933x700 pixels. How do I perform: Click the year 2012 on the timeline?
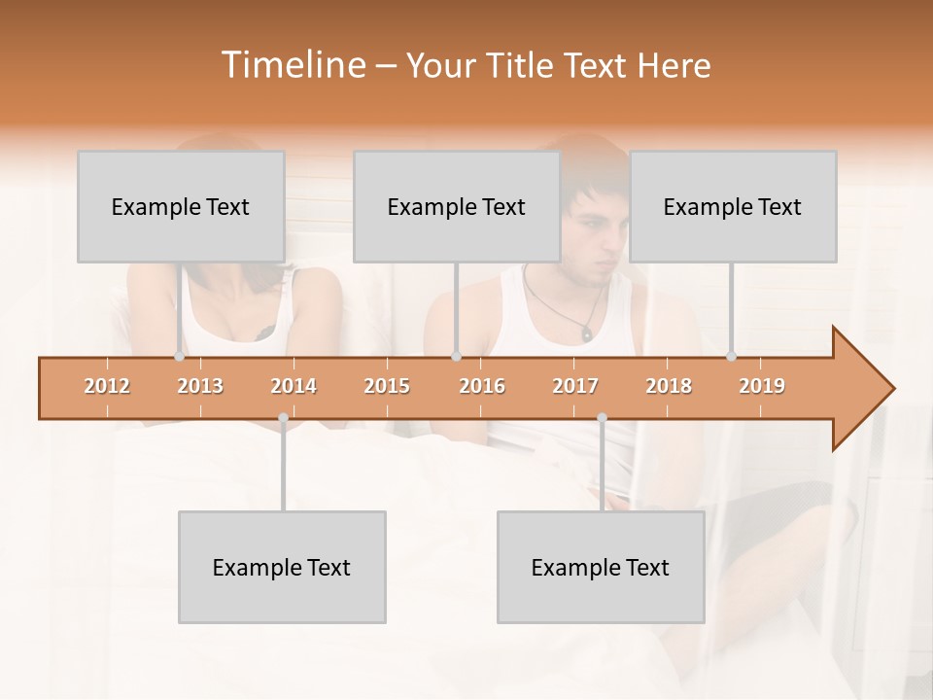point(107,386)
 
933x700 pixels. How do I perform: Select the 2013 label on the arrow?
point(200,386)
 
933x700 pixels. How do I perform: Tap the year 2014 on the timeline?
point(294,386)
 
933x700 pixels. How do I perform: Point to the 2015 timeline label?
point(387,386)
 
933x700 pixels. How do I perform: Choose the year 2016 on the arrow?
point(482,386)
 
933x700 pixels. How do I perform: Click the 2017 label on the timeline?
point(575,386)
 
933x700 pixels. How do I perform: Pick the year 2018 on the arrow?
point(669,386)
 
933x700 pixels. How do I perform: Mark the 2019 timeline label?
point(762,386)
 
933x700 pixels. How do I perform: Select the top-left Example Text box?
point(181,206)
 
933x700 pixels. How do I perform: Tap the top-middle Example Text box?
point(457,206)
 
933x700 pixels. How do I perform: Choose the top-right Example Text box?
point(733,206)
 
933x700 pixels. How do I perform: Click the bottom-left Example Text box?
point(282,567)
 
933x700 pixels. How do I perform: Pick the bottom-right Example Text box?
point(601,567)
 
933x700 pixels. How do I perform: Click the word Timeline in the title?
point(292,65)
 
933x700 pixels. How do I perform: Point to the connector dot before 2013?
point(179,357)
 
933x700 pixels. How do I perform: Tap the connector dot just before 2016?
point(456,357)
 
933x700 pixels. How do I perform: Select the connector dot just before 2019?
point(732,357)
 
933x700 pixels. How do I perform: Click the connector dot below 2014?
point(283,418)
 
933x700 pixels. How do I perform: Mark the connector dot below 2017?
point(602,418)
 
